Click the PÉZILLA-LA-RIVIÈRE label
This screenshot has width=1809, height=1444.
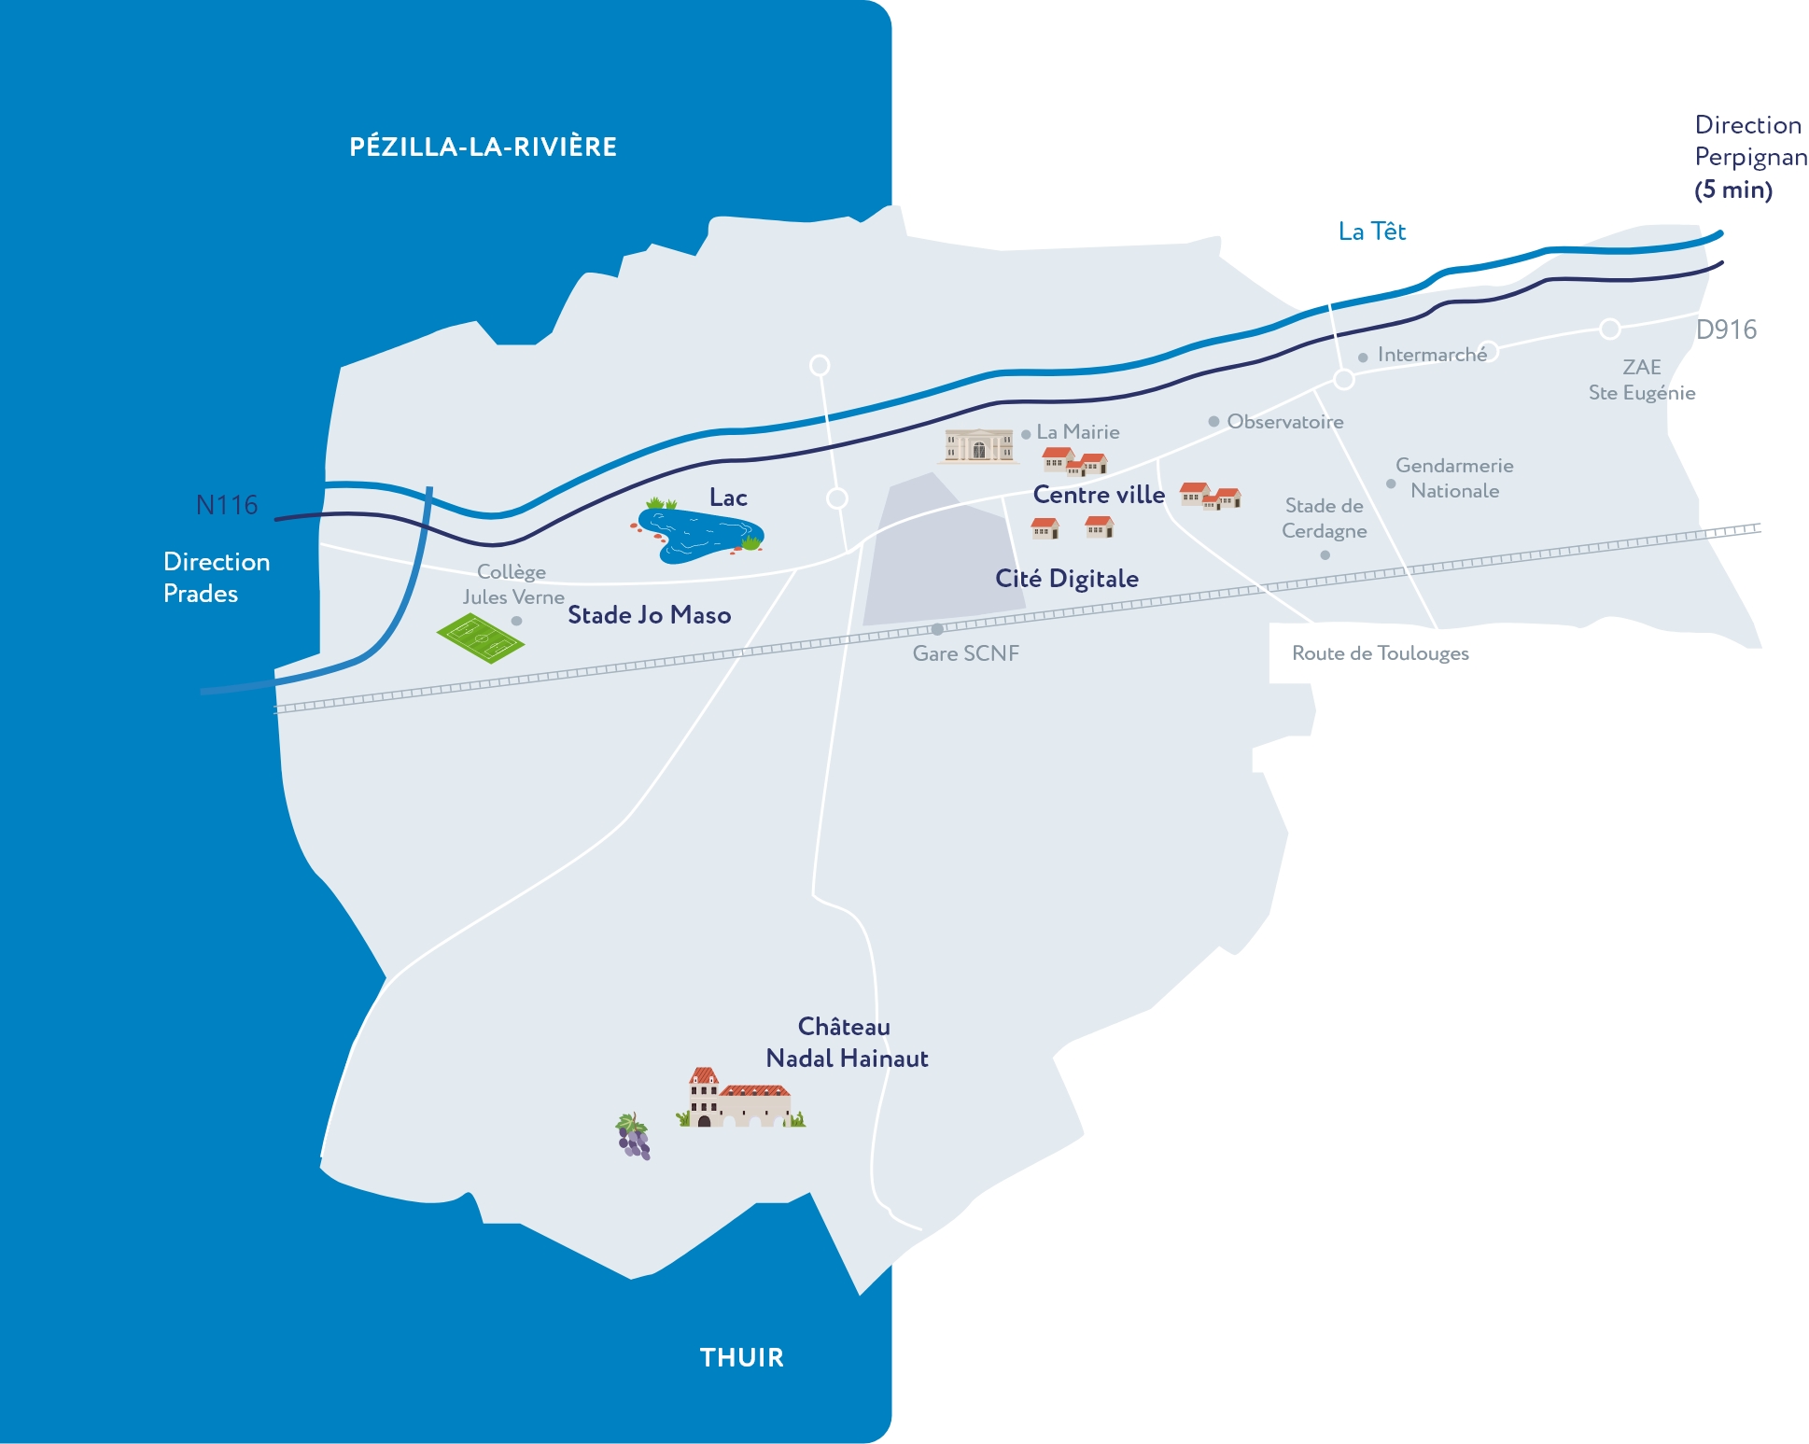[x=483, y=147]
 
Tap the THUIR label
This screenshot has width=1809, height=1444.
[x=742, y=1357]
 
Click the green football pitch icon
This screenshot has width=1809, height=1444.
[x=481, y=638]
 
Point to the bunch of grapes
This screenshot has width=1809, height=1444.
[x=633, y=1136]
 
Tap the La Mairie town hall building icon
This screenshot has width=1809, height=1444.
[x=978, y=445]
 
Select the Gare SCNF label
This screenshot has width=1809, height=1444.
[x=966, y=653]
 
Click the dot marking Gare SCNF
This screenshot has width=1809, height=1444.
[x=937, y=629]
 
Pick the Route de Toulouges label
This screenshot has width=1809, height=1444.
[x=1380, y=653]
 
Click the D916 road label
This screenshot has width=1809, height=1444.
[x=1726, y=329]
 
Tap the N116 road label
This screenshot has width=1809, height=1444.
[x=227, y=505]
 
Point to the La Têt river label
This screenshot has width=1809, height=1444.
[x=1371, y=231]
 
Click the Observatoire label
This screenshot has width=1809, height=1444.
[x=1285, y=422]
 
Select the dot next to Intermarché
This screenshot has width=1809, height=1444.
[x=1363, y=357]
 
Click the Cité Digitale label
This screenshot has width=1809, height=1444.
[x=1067, y=579]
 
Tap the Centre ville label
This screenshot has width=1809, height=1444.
[x=1099, y=495]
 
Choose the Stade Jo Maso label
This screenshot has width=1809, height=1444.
[x=650, y=615]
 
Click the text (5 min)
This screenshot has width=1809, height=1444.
[x=1733, y=189]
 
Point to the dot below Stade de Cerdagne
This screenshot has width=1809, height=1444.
[x=1325, y=555]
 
